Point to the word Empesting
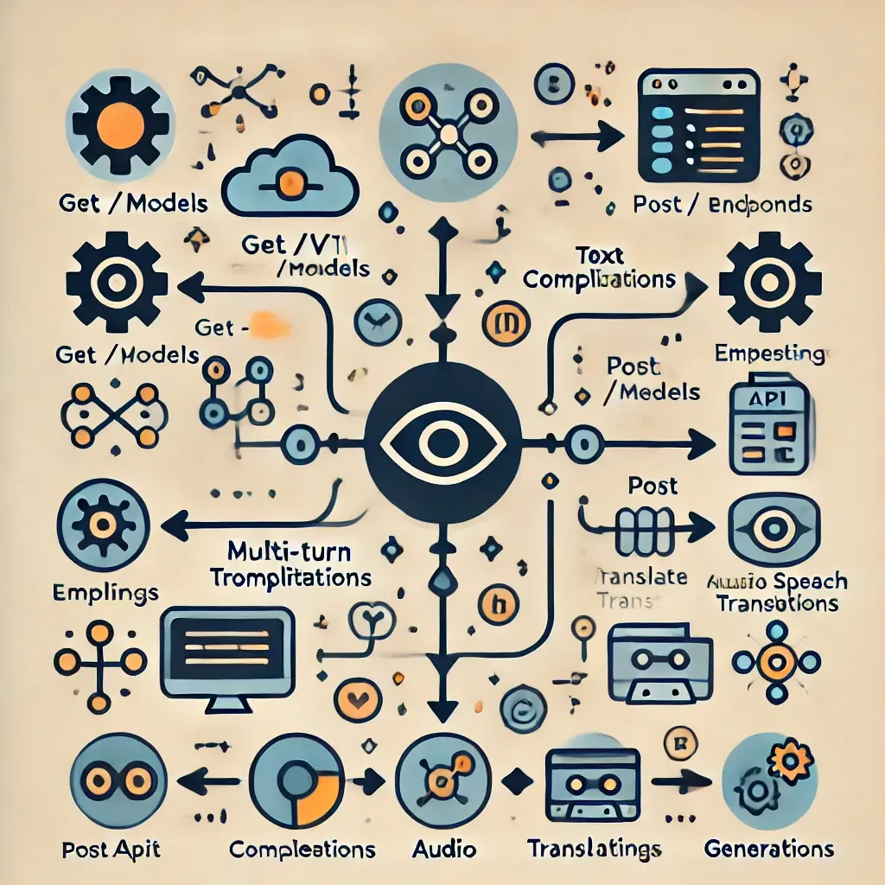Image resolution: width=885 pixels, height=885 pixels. [769, 353]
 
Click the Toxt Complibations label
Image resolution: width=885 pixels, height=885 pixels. [599, 268]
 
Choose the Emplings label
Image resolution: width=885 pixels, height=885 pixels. [106, 592]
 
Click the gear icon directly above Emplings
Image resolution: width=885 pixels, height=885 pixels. [103, 525]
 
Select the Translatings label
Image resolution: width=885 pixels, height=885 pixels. [595, 849]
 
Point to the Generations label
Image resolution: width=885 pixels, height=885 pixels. [769, 849]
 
